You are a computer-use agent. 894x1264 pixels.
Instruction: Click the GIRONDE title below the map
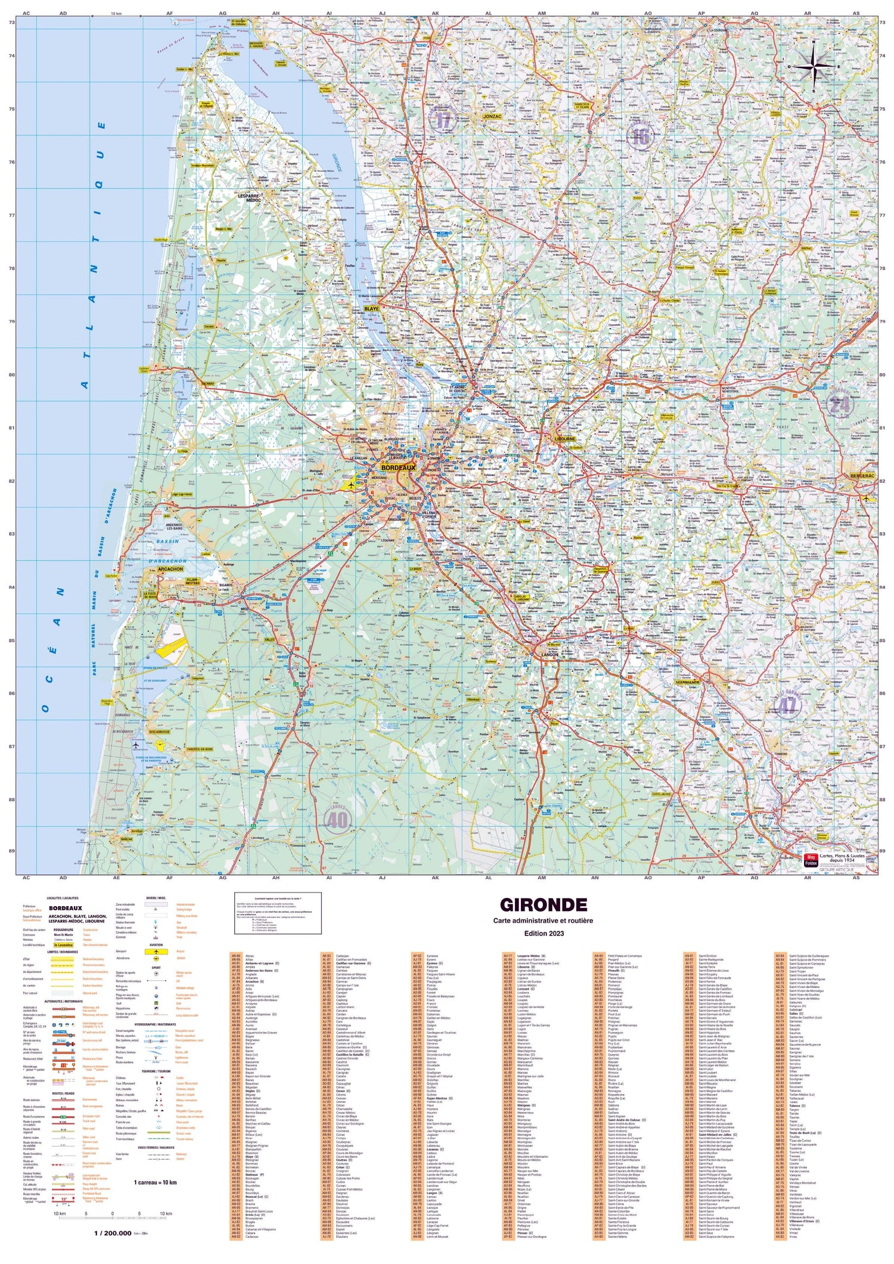coord(543,905)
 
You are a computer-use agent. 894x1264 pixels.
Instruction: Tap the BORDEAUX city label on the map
coord(398,468)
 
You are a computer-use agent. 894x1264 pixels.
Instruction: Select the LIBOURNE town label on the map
coord(564,438)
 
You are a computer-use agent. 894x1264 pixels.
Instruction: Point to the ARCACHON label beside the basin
coord(171,569)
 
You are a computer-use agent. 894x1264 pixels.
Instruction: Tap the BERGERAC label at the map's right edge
coord(862,476)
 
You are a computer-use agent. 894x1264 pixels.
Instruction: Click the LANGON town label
coord(548,654)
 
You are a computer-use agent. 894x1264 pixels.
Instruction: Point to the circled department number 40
coord(337,820)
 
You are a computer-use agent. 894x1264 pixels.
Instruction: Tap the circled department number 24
coord(840,405)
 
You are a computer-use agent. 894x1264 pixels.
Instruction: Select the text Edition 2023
coord(543,934)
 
